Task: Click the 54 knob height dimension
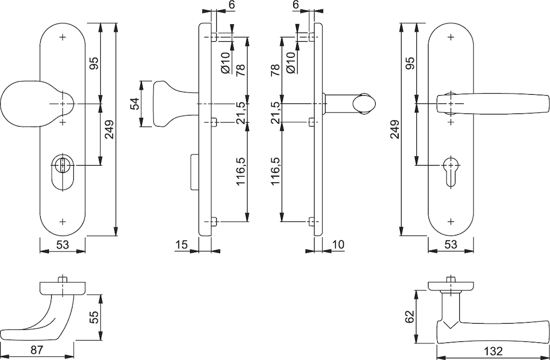[x=135, y=103]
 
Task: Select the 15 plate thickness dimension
[x=182, y=244]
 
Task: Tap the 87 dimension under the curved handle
[x=37, y=350]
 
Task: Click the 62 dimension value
[x=410, y=317]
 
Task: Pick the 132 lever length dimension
[x=493, y=351]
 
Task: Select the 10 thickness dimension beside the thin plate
[x=338, y=244]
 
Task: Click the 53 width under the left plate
[x=63, y=244]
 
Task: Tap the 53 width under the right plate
[x=451, y=244]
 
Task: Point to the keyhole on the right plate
[x=451, y=172]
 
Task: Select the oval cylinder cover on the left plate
[x=63, y=173]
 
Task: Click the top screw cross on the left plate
[x=63, y=37]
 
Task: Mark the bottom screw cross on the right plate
[x=451, y=221]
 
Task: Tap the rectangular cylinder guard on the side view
[x=195, y=172]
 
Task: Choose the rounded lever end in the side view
[x=365, y=103]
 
